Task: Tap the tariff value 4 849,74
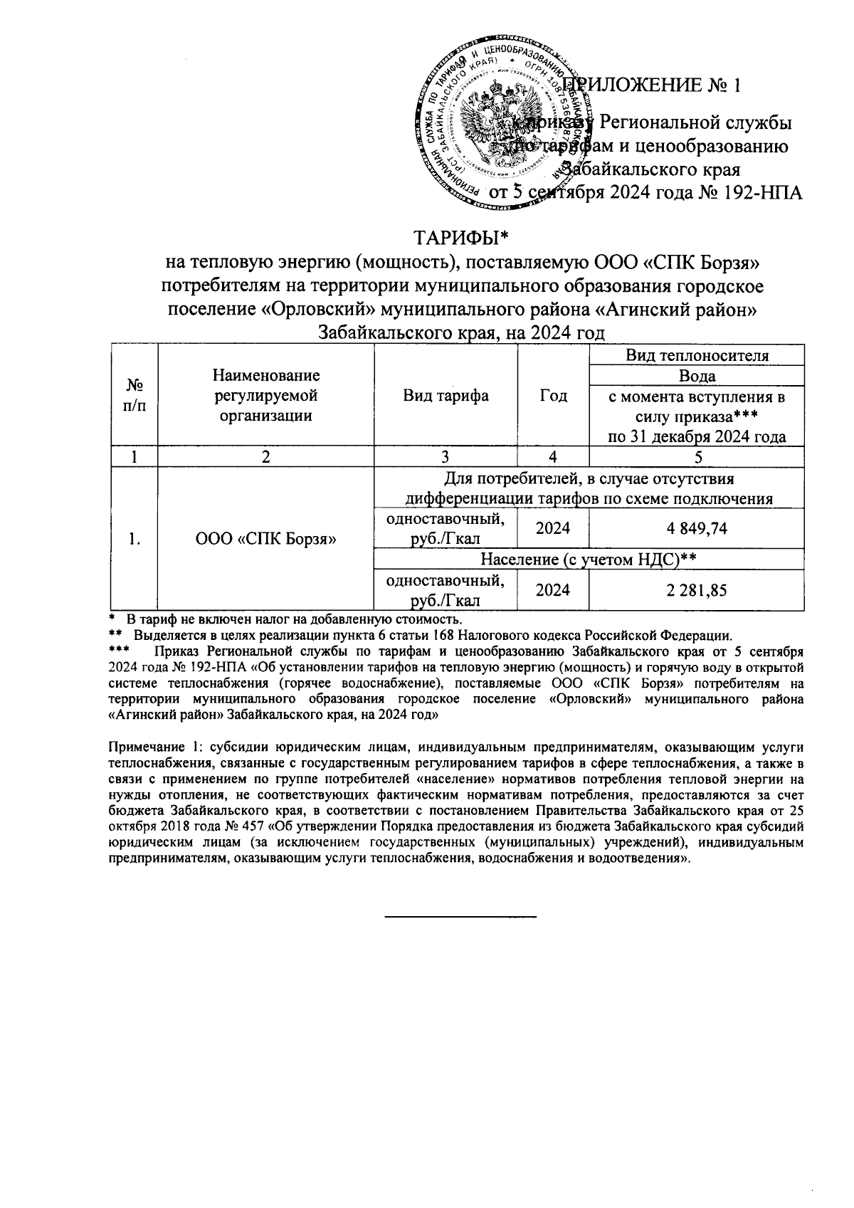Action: [x=697, y=528]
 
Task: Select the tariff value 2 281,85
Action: [x=697, y=589]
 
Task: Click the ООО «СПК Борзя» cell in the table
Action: [x=265, y=539]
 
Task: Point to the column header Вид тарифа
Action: [x=446, y=396]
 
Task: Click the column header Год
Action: [x=553, y=396]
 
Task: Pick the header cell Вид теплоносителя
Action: [x=697, y=355]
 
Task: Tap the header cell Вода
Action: [x=697, y=375]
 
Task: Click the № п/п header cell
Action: [x=134, y=396]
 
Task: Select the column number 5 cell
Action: [x=697, y=456]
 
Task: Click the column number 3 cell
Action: [x=446, y=456]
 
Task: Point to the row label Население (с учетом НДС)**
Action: [x=588, y=560]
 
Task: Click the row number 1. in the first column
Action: [x=134, y=539]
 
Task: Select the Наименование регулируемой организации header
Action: [x=265, y=396]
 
